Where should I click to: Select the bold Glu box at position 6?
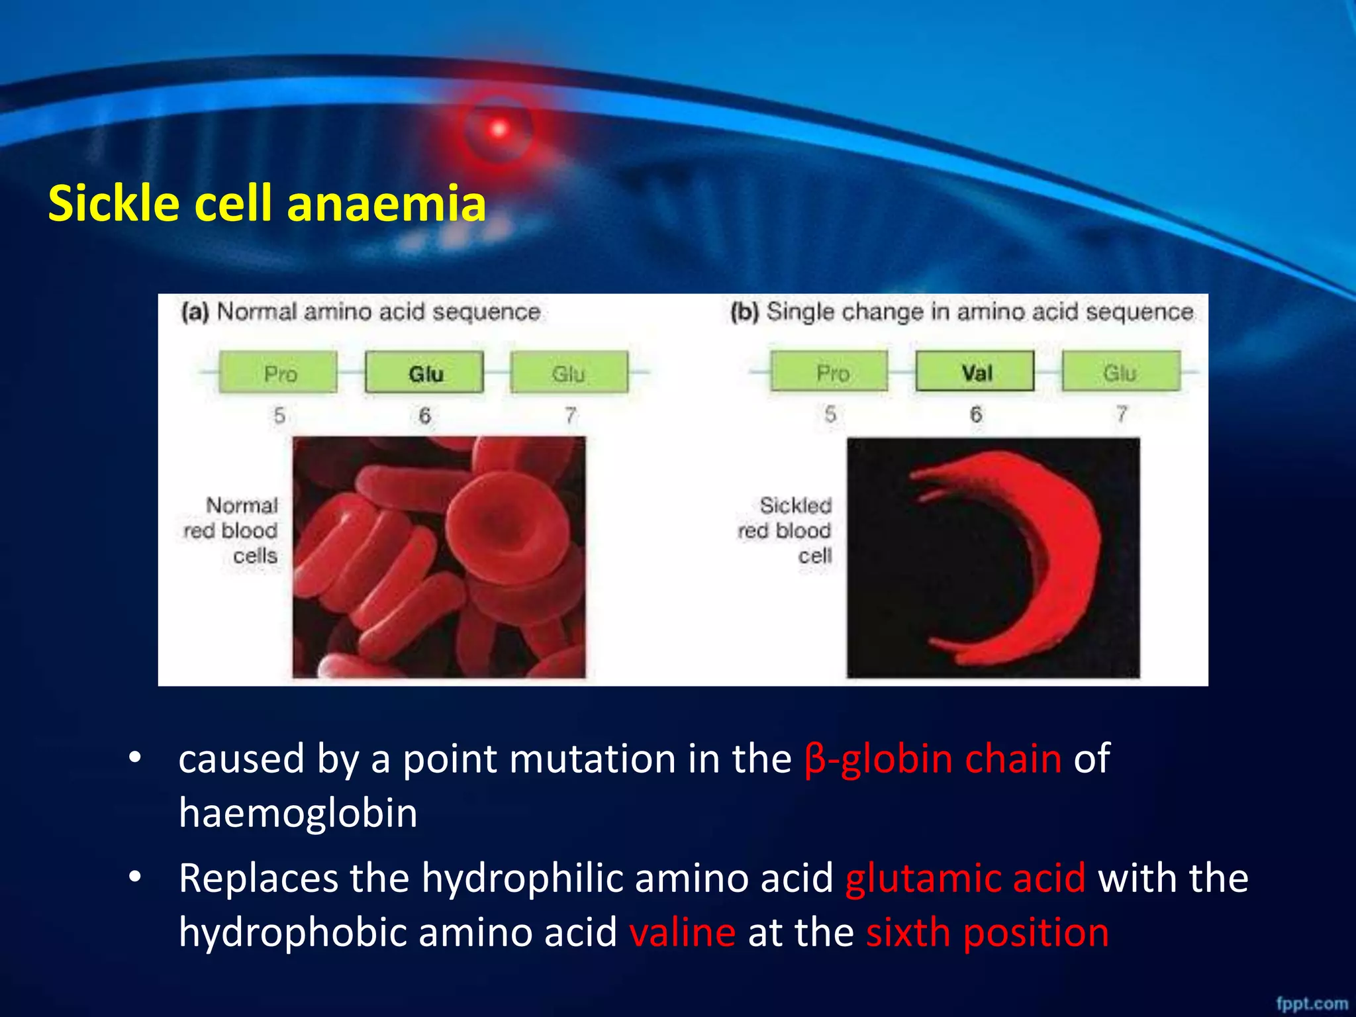point(424,373)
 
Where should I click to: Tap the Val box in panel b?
point(975,372)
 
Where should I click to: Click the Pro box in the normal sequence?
point(279,373)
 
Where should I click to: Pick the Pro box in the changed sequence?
point(830,372)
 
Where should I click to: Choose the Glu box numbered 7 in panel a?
point(569,373)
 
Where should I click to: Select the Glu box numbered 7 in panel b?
point(1121,372)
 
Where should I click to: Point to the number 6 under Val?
point(976,414)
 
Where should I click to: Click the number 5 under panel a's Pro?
point(279,416)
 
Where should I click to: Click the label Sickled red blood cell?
point(787,530)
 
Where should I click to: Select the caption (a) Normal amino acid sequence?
point(362,312)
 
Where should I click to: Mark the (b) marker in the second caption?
point(744,312)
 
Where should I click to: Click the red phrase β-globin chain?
point(933,759)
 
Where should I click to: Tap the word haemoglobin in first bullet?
point(298,813)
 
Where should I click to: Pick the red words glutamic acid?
point(965,879)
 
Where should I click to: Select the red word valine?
point(682,933)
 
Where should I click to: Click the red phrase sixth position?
point(987,933)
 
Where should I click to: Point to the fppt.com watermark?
point(1312,1004)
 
